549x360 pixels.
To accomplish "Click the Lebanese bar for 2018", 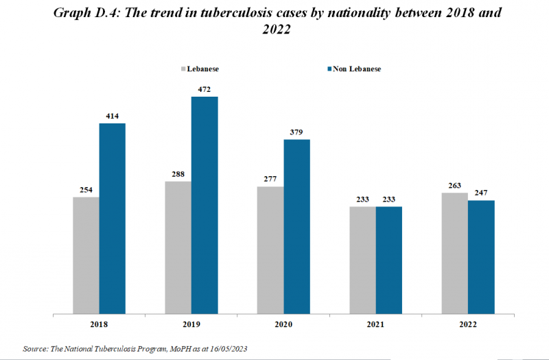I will click(86, 255).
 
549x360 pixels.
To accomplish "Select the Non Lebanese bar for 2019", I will click(205, 205).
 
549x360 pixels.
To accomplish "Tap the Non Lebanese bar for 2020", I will click(297, 226).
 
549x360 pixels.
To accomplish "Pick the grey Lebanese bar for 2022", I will click(455, 253).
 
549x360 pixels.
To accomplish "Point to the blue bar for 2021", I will click(389, 260).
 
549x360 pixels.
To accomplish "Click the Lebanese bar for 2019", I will click(178, 248).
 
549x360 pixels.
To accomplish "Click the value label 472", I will click(205, 89).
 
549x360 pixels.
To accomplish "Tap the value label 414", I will click(113, 116).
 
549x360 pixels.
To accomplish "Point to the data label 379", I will click(297, 132).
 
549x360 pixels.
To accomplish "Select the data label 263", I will click(455, 185).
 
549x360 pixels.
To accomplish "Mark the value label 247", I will click(482, 193).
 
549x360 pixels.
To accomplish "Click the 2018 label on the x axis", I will click(99, 324).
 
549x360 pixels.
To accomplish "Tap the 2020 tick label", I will click(283, 324).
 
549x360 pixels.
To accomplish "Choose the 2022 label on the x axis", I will click(468, 324).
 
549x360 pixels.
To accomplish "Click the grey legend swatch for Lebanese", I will click(183, 69).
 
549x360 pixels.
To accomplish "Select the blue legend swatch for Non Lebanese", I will click(329, 69).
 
